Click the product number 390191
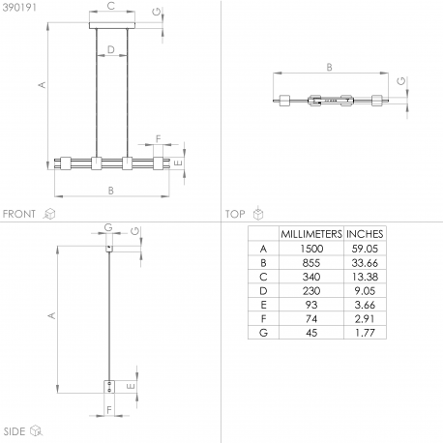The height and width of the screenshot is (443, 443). tap(19, 7)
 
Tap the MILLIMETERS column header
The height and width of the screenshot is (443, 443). tap(311, 234)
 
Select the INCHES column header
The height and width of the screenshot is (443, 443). tap(365, 234)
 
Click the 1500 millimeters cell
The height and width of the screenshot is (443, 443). tap(311, 249)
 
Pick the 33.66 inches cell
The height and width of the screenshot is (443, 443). tap(365, 263)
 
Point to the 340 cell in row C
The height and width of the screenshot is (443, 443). tap(311, 277)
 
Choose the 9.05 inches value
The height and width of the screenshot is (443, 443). tap(365, 291)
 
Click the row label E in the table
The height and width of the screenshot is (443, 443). tap(263, 305)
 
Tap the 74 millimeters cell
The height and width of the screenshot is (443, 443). tap(311, 319)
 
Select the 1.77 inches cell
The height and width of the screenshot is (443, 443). tap(365, 333)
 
